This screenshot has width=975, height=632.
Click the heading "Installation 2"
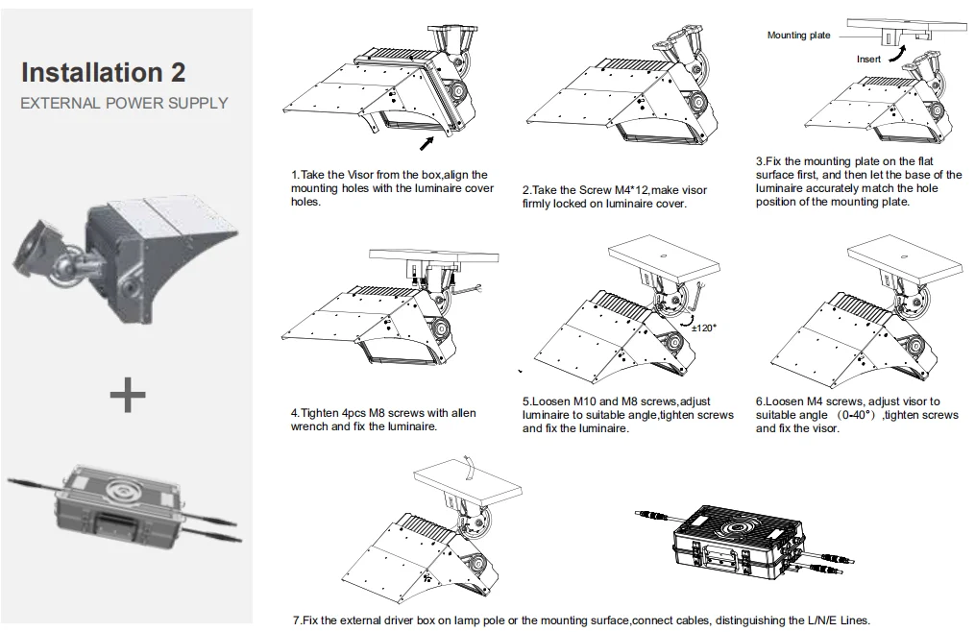click(103, 72)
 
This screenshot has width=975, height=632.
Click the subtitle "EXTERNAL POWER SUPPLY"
click(124, 104)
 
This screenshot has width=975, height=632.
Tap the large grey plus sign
click(128, 395)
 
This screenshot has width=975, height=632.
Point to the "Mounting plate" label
click(798, 36)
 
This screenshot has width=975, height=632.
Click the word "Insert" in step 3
click(868, 60)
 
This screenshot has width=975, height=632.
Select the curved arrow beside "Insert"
click(898, 54)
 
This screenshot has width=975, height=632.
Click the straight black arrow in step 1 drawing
click(427, 144)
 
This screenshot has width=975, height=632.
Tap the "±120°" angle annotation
click(704, 328)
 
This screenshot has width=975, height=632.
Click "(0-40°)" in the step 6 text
click(856, 416)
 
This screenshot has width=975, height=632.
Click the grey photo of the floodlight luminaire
click(124, 258)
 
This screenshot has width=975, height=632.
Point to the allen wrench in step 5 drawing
click(695, 300)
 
